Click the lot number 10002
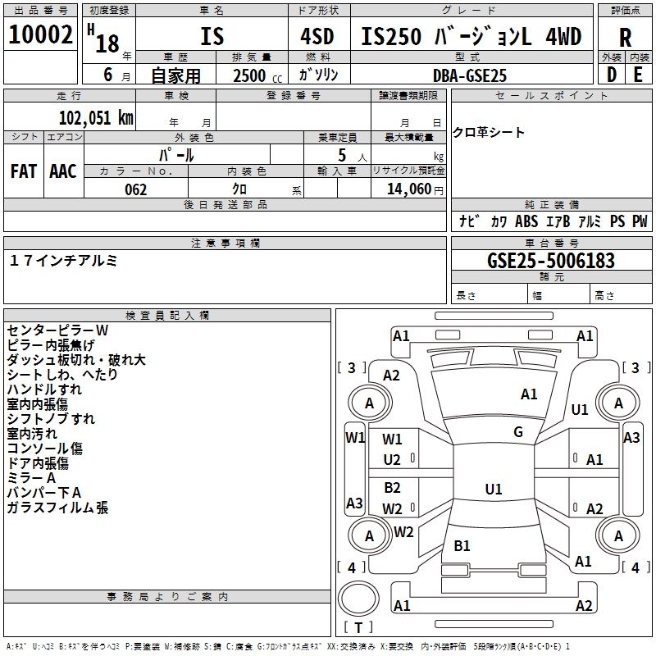coord(41,34)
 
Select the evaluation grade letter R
coord(625,37)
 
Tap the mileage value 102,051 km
coord(96,116)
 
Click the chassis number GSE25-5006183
coord(551,261)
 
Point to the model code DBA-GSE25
coord(470,75)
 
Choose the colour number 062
coord(135,189)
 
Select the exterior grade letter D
coord(611,75)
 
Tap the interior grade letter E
coord(638,75)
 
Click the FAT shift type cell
coord(24,171)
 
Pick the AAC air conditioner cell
coord(62,171)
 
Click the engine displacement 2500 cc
coord(251,75)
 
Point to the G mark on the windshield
coord(518,432)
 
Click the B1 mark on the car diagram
coord(462,545)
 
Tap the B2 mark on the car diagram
coord(393,488)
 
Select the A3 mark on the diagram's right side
coord(631,438)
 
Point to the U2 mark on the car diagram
coord(393,459)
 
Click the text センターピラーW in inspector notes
coord(57,330)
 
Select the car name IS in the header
coord(212,37)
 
